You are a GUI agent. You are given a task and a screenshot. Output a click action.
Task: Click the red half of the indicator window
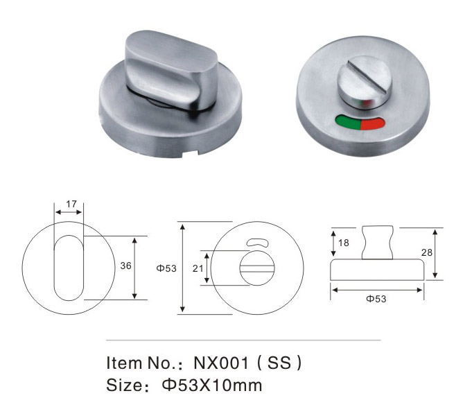pyautogui.click(x=373, y=124)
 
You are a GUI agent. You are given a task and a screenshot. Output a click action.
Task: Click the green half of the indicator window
pyautogui.click(x=348, y=122)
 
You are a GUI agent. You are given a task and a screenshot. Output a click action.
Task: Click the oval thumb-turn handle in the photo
pyautogui.click(x=171, y=71)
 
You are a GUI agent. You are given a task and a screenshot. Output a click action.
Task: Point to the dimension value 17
pyautogui.click(x=71, y=204)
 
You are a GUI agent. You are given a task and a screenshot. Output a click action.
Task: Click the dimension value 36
pyautogui.click(x=126, y=266)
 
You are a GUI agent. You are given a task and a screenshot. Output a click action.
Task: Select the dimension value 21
pyautogui.click(x=198, y=268)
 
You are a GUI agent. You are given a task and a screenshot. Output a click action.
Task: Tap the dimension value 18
pyautogui.click(x=344, y=243)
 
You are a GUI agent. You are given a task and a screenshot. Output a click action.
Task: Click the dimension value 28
pyautogui.click(x=426, y=252)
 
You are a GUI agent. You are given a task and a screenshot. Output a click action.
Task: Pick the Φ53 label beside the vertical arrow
pyautogui.click(x=166, y=268)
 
